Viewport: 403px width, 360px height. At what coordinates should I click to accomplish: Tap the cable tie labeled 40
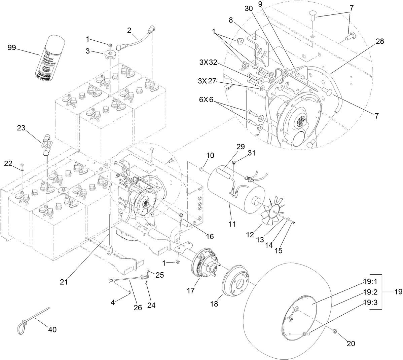click(30, 319)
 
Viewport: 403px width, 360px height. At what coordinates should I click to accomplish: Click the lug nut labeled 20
click(335, 331)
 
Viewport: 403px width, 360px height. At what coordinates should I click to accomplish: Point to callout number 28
click(379, 42)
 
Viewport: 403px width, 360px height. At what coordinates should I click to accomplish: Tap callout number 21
click(64, 282)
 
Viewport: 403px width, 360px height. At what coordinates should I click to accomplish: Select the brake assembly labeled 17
click(204, 264)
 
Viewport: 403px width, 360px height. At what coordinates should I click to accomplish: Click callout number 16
click(210, 236)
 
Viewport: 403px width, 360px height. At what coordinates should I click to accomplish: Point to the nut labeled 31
click(235, 163)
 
